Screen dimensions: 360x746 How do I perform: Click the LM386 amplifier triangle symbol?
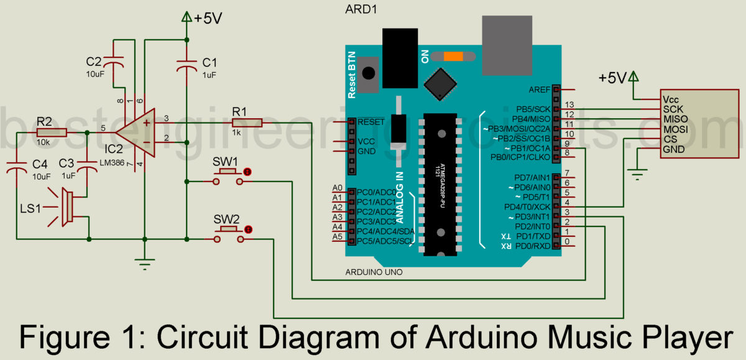coord(138,132)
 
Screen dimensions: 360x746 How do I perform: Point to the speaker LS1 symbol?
coord(67,206)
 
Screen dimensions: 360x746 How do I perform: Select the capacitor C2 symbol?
coord(114,63)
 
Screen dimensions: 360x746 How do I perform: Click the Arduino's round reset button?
coord(369,73)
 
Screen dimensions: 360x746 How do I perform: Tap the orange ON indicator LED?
coord(453,57)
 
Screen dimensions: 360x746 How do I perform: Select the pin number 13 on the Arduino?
coord(568,104)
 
